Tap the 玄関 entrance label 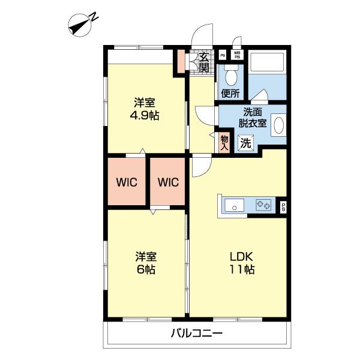[203, 62]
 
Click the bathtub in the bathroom [267, 62]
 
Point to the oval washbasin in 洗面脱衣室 [278, 125]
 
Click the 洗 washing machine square [245, 143]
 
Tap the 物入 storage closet [224, 143]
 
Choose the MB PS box [237, 55]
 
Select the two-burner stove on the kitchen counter [263, 205]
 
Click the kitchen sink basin [234, 205]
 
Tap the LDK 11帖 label [242, 263]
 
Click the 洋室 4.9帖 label [145, 109]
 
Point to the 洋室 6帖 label [146, 263]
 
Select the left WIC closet [127, 182]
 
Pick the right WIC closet [167, 182]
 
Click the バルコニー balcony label [197, 332]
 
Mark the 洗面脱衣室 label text [253, 118]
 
